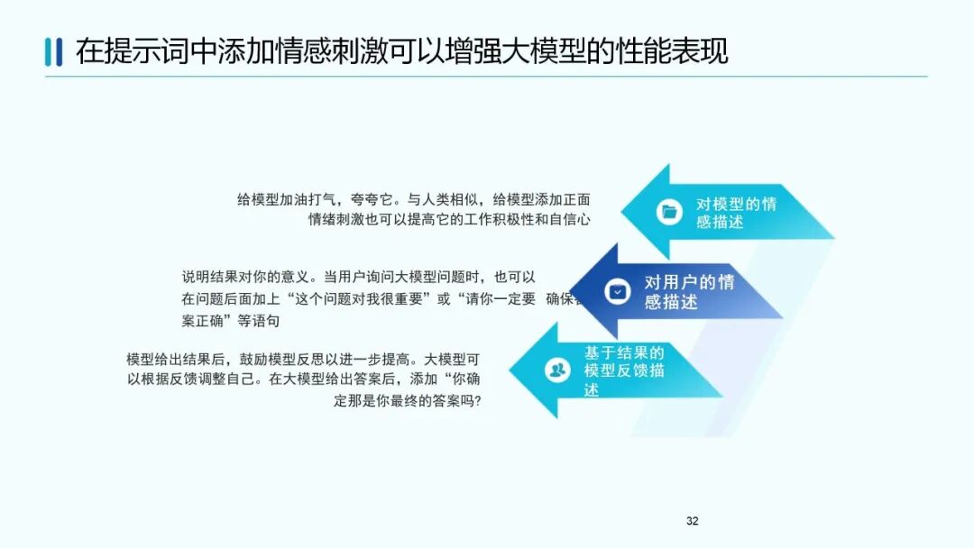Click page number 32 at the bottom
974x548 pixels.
[x=692, y=521]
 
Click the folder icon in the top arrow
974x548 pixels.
[x=668, y=212]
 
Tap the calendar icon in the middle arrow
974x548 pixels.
[x=618, y=291]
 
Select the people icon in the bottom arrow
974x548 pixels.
[x=557, y=370]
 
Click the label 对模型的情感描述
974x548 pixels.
[x=735, y=213]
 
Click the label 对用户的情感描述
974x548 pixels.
[x=689, y=292]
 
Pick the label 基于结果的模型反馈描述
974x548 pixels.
[x=624, y=370]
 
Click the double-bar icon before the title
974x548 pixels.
[x=53, y=52]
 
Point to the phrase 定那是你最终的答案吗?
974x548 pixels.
[x=407, y=401]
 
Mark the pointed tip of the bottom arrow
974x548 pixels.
[x=511, y=370]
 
